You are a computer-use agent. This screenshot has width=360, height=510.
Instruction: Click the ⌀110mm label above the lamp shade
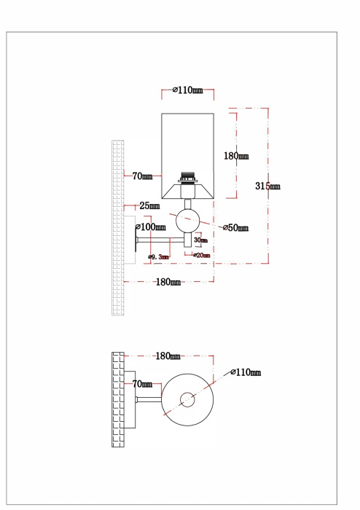click(x=187, y=90)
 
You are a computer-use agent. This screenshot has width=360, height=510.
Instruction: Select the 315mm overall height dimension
click(x=267, y=186)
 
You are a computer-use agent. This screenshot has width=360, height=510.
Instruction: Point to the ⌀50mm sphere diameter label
click(x=235, y=228)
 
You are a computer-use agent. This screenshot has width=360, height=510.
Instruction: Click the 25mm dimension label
click(x=150, y=205)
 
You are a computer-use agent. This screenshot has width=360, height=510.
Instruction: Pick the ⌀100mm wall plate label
click(x=153, y=227)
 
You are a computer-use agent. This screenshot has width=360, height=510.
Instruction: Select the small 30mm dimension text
click(x=200, y=240)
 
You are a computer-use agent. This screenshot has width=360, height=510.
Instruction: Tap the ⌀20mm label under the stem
click(x=202, y=256)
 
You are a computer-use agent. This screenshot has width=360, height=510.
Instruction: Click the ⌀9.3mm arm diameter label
click(x=158, y=256)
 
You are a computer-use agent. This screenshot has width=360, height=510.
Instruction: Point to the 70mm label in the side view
click(x=142, y=176)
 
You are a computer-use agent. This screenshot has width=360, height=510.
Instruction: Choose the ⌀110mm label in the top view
click(x=246, y=372)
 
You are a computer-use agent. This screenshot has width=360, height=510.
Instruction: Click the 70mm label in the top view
click(x=142, y=383)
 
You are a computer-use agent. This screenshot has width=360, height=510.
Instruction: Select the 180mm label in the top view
click(x=168, y=356)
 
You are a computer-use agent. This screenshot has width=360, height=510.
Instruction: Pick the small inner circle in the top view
click(x=187, y=399)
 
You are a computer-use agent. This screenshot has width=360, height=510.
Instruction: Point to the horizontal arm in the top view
click(x=146, y=399)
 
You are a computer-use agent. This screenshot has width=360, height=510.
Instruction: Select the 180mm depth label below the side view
click(x=168, y=282)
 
